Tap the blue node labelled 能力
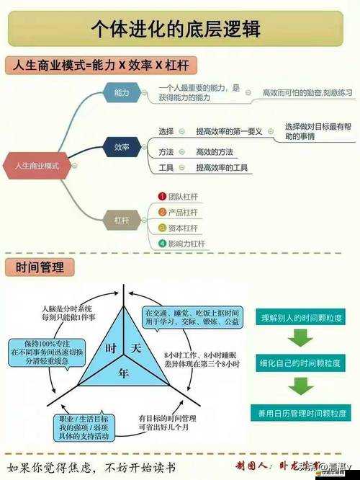(x=122, y=93)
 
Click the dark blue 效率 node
(x=122, y=148)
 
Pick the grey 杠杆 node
(x=122, y=219)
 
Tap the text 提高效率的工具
(x=222, y=168)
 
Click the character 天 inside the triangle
(x=135, y=348)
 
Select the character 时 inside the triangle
(x=111, y=348)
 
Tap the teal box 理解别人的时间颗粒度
(x=301, y=317)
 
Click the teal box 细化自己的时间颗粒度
(x=301, y=365)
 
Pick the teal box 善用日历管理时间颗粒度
(x=301, y=413)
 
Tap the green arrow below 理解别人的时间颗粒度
(x=300, y=338)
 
